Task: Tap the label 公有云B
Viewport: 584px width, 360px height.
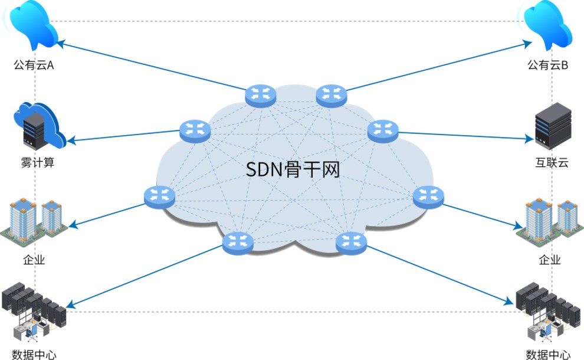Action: [x=547, y=64]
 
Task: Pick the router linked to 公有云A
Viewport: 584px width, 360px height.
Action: [x=261, y=95]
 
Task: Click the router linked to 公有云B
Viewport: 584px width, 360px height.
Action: [x=331, y=95]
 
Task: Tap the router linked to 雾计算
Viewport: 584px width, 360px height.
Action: [x=195, y=130]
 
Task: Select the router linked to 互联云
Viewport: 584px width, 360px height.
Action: [x=383, y=130]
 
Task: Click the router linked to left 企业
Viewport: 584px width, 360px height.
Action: [x=159, y=197]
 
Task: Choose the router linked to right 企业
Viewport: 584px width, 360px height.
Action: [x=428, y=197]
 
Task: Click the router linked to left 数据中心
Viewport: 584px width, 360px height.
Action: [x=238, y=242]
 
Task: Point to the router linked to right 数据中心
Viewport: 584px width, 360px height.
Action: [x=351, y=242]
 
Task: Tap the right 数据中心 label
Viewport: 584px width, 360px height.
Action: [x=549, y=355]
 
